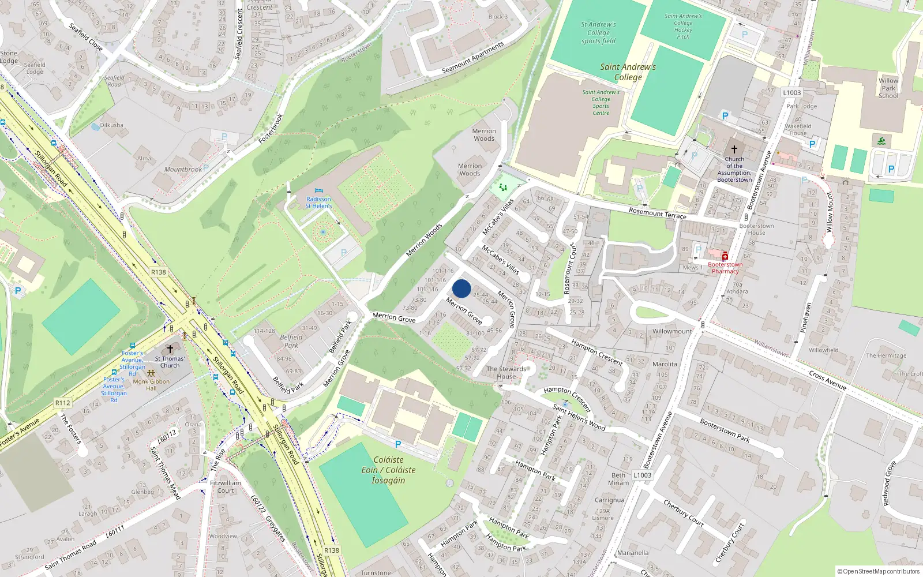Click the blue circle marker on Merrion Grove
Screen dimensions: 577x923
click(461, 288)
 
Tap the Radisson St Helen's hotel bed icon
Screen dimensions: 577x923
click(318, 191)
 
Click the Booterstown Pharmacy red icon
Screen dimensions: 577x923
click(725, 256)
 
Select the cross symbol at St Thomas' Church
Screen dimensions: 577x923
click(170, 349)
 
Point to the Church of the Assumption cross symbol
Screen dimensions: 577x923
click(734, 149)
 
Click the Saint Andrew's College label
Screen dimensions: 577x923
click(628, 72)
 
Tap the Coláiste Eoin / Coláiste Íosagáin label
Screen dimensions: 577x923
click(388, 470)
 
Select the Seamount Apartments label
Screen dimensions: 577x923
click(472, 58)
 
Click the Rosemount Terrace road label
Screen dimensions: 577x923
click(657, 213)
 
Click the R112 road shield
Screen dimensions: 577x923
click(63, 403)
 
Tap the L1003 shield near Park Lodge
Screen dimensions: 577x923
click(791, 92)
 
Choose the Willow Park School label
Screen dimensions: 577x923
click(888, 88)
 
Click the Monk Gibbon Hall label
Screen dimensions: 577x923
click(151, 384)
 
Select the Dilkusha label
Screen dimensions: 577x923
click(111, 125)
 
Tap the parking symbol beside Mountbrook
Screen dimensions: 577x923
click(206, 168)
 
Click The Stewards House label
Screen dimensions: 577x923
click(506, 373)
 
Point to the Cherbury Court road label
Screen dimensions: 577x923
click(684, 512)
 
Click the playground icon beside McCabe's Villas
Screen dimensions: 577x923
click(502, 187)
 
